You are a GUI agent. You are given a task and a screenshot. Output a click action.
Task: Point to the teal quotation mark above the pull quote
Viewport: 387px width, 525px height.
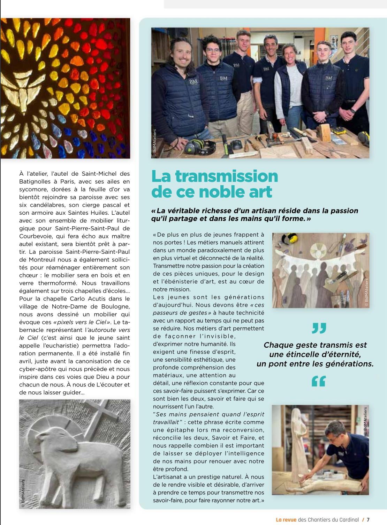[319, 328]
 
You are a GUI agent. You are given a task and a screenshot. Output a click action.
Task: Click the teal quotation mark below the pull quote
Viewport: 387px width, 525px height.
[319, 381]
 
